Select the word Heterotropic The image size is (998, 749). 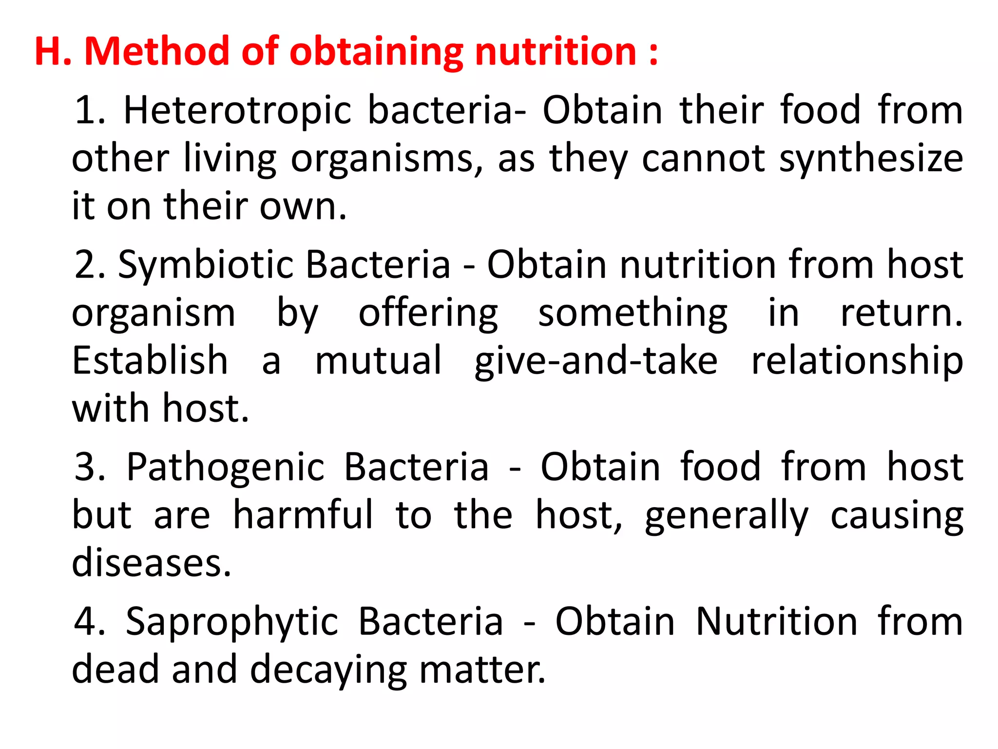[237, 110]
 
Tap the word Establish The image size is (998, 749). [150, 360]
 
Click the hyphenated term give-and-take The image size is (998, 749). [595, 361]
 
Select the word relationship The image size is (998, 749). [857, 361]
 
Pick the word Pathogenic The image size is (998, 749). [225, 467]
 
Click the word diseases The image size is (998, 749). [151, 563]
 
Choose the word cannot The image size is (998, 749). [704, 159]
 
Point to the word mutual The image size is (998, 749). [378, 360]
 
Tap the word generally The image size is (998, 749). [726, 516]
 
